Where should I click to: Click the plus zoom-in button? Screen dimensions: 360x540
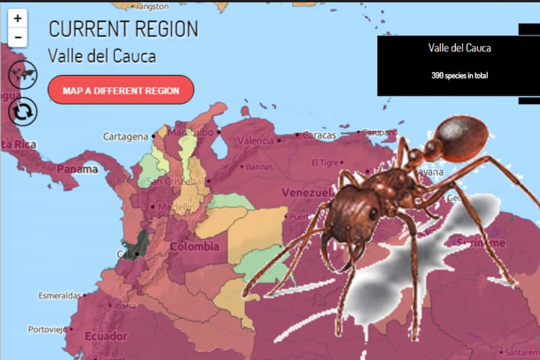pos(18,18)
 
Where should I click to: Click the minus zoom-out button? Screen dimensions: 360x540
pos(18,37)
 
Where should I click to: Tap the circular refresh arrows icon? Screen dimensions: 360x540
pos(22,111)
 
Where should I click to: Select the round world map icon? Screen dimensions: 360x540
pos(22,75)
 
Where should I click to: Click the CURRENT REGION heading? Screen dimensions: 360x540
pos(123,29)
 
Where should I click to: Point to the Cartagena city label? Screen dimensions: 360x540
pos(126,137)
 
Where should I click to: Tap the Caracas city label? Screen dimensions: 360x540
pos(319,135)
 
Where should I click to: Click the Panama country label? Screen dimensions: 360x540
pos(77,169)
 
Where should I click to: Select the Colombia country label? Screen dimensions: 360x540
pos(194,247)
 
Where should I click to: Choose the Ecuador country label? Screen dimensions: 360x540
pos(106,337)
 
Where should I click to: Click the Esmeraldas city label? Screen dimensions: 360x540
pos(59,295)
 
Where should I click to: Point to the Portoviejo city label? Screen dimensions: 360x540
pos(47,329)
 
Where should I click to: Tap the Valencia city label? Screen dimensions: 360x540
pos(255,141)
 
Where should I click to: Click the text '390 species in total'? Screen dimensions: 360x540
pos(460,76)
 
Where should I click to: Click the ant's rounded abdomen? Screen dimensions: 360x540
pos(460,139)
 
